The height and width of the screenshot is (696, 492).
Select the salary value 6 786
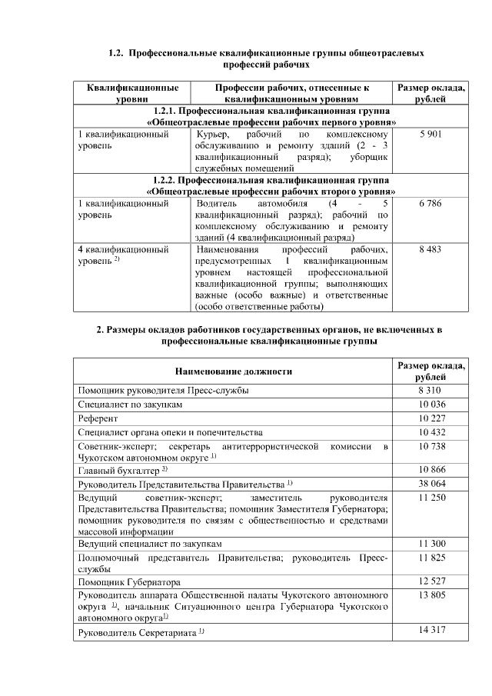[430, 204]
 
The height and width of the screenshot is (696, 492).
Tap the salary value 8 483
[430, 250]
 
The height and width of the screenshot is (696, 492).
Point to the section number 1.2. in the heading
[115, 54]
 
